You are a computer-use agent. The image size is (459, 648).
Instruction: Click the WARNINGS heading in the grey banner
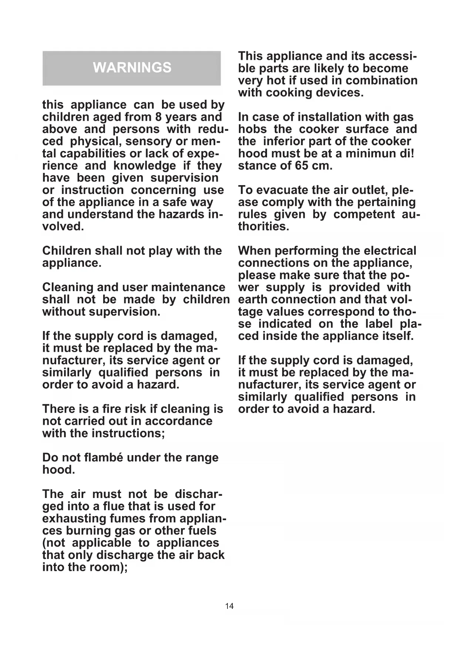pos(132,68)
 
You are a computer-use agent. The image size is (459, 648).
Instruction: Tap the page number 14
pos(229,606)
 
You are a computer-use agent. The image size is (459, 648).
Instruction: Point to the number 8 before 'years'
pos(158,117)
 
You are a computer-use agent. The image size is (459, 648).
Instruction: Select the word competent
pos(364,215)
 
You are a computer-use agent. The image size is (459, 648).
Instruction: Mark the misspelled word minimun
pos(371,154)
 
